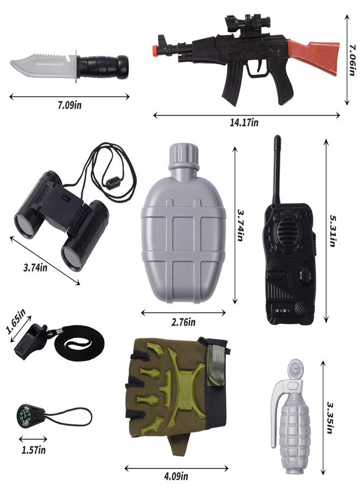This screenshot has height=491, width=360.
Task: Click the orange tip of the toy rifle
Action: [154, 50]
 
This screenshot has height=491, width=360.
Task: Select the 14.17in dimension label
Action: [244, 122]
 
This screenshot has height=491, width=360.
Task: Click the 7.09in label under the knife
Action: [69, 105]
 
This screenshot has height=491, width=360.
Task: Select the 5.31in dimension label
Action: [333, 230]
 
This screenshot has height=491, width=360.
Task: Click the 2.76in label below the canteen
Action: [183, 322]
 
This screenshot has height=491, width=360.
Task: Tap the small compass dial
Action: [25, 414]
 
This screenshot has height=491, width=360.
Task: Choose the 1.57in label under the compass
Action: [33, 450]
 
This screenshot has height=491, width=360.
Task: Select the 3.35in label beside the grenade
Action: [329, 418]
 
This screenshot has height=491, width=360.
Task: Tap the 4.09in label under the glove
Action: [176, 476]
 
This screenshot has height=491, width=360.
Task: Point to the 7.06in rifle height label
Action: [352, 60]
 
